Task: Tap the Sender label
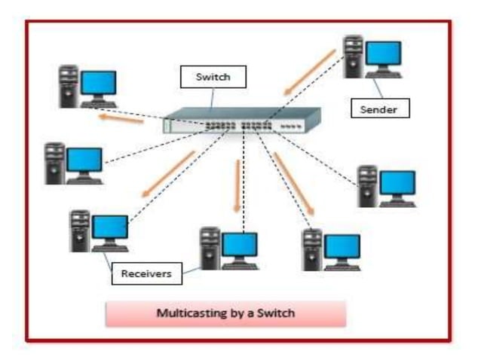click(x=380, y=109)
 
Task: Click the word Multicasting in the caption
click(x=190, y=313)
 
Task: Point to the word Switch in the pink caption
click(x=275, y=313)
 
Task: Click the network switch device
click(x=241, y=121)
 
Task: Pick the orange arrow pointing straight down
click(x=237, y=185)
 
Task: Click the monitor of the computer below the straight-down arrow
click(x=239, y=246)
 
